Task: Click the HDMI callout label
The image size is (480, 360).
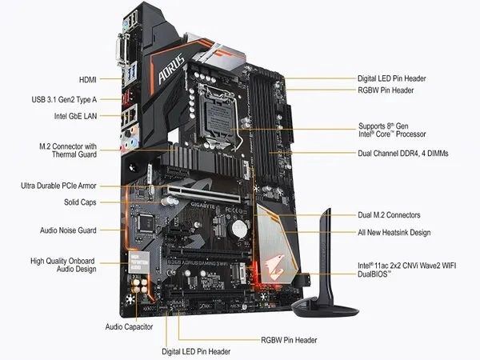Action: point(88,79)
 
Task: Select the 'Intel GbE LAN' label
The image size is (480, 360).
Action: point(75,116)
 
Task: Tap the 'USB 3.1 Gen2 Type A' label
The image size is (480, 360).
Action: point(64,99)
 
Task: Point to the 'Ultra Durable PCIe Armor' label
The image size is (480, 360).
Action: point(58,186)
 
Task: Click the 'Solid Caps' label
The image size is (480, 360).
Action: point(80,202)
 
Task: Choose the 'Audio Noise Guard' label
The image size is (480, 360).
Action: point(68,230)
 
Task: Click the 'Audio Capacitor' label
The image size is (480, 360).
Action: point(129,327)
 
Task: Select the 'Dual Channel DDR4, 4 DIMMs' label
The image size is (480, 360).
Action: point(403,153)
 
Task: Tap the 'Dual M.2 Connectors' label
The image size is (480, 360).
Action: point(389,215)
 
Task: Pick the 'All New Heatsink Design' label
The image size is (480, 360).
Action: point(394,233)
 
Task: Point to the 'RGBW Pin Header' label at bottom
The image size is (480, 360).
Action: point(289,340)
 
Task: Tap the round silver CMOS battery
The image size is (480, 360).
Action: point(239,230)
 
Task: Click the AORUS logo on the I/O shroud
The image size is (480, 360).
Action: point(172,69)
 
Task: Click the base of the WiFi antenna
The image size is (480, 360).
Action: point(325,308)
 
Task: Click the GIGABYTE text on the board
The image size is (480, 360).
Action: point(203,206)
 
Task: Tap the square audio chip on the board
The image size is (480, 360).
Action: point(146,222)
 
